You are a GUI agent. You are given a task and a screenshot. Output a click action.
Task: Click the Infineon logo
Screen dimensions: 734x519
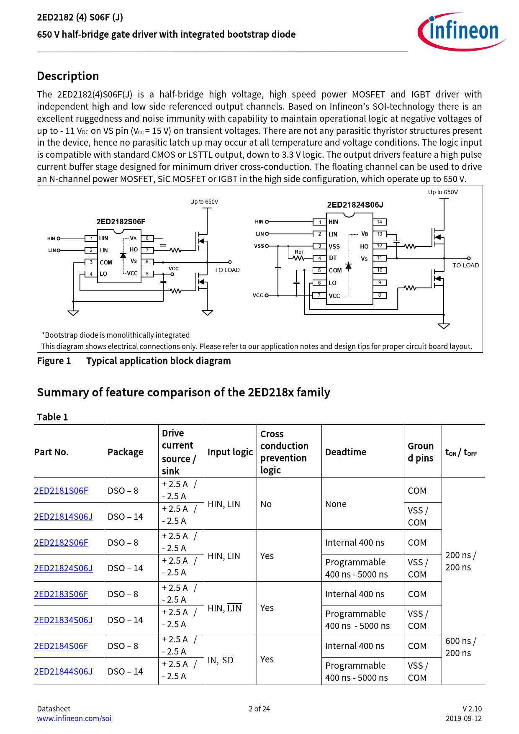point(461,31)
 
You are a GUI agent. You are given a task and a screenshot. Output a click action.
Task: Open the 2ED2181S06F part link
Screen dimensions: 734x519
point(61,490)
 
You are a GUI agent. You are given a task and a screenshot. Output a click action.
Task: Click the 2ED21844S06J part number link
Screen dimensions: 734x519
point(63,671)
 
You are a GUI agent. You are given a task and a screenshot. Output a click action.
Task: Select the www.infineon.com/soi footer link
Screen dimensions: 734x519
point(74,718)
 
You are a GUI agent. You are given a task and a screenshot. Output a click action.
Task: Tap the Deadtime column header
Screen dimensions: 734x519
point(346,452)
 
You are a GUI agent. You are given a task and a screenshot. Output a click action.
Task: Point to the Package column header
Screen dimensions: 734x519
point(125,452)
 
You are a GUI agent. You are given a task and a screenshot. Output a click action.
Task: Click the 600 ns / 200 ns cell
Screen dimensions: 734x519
point(460,647)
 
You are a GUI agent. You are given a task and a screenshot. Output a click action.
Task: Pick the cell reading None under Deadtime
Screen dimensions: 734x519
point(336,504)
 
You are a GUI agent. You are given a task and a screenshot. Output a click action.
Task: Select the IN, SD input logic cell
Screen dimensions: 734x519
point(221,660)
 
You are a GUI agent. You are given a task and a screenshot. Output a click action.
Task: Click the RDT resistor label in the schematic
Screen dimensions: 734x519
point(299,252)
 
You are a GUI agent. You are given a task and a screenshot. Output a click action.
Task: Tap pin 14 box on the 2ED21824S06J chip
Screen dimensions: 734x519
point(379,222)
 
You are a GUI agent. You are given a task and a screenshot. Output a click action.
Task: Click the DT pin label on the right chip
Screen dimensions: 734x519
point(333,258)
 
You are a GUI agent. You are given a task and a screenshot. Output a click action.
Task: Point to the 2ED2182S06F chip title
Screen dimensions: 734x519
point(121,221)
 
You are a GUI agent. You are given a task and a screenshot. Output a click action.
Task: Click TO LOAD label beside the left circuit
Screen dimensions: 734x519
point(227,270)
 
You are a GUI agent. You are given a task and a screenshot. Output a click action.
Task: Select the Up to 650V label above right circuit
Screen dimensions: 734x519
point(443,192)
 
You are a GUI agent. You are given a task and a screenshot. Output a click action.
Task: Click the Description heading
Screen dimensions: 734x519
point(68,76)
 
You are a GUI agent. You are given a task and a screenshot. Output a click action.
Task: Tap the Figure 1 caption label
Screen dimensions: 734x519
point(54,361)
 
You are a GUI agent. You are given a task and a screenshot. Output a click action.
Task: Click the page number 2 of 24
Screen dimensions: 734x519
point(259,708)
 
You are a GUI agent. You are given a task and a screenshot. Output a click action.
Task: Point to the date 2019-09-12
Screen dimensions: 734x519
point(463,718)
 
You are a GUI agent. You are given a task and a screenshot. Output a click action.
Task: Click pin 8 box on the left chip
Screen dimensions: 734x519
point(147,238)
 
